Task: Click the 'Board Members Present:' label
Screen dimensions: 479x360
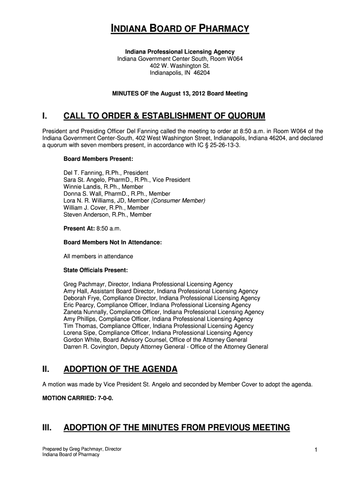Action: (95, 159)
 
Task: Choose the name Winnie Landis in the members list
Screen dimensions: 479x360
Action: (81, 187)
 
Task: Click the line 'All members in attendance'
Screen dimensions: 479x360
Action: (98, 256)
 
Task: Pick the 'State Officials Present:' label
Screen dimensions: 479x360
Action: (95, 270)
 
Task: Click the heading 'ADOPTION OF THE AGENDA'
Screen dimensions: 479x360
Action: (120, 370)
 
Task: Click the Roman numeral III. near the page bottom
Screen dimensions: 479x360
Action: (47, 428)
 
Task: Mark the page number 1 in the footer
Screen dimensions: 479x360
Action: (316, 450)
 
